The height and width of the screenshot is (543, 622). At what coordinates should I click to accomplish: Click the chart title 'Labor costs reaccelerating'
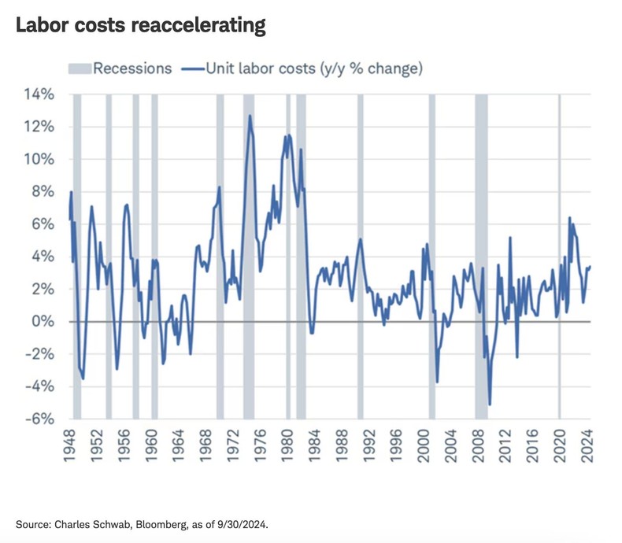tap(139, 25)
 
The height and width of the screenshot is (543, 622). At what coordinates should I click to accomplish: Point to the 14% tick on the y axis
tap(38, 94)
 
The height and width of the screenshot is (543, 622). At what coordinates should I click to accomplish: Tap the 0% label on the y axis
tap(43, 322)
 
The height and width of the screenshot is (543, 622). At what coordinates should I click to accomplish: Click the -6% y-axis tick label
tap(39, 419)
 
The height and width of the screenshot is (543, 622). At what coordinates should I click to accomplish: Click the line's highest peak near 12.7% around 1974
tap(250, 116)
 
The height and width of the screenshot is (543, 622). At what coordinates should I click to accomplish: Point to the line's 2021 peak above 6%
tap(569, 218)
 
